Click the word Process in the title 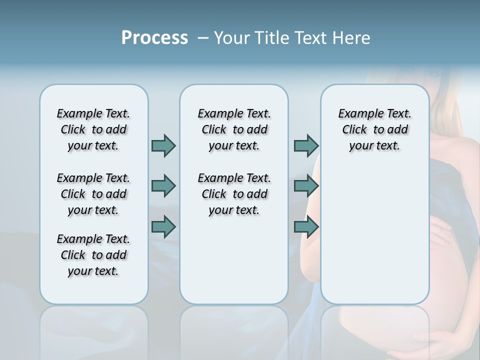point(154,38)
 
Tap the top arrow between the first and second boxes point(163,145)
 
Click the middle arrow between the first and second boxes point(163,186)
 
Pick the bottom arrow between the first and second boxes point(163,227)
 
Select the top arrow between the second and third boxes point(306,145)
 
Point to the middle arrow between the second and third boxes point(306,186)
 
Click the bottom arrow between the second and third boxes point(306,227)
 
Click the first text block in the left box point(93,129)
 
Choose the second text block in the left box point(93,194)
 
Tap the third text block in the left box point(93,255)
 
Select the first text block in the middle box point(234,129)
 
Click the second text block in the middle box point(234,194)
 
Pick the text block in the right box point(374,129)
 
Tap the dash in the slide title point(203,38)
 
